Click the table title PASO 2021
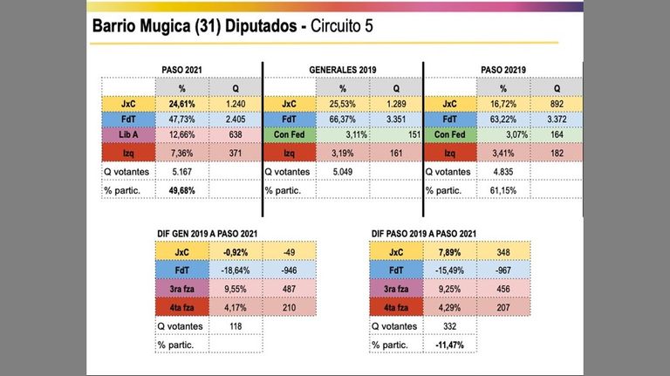181,70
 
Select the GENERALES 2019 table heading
343,70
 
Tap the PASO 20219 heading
503,70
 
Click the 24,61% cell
182,104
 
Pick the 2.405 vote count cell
236,120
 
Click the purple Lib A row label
128,134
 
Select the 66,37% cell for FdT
343,120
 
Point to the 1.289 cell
396,104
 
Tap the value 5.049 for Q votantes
343,172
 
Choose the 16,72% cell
503,104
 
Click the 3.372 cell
557,120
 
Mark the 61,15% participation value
503,190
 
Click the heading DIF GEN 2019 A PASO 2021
208,234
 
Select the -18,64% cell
236,270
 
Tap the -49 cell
290,252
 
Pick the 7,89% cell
449,252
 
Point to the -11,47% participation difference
449,345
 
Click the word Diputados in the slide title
261,26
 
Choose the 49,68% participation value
182,190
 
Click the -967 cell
503,270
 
